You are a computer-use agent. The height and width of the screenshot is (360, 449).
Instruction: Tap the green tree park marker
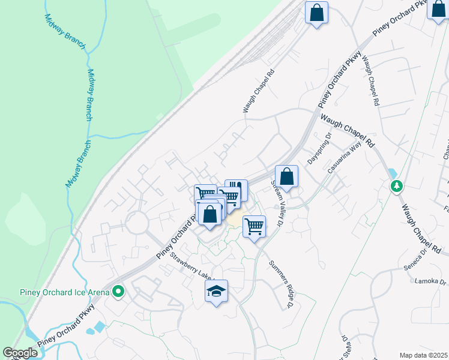click(396, 186)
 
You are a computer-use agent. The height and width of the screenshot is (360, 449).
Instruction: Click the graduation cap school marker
click(217, 292)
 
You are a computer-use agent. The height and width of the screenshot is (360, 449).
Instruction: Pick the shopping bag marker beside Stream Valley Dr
click(287, 176)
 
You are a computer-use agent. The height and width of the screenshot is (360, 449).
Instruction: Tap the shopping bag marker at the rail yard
click(316, 12)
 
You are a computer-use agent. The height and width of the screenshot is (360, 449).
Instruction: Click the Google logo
click(20, 353)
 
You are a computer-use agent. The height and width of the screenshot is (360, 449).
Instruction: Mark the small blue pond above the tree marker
click(393, 172)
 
